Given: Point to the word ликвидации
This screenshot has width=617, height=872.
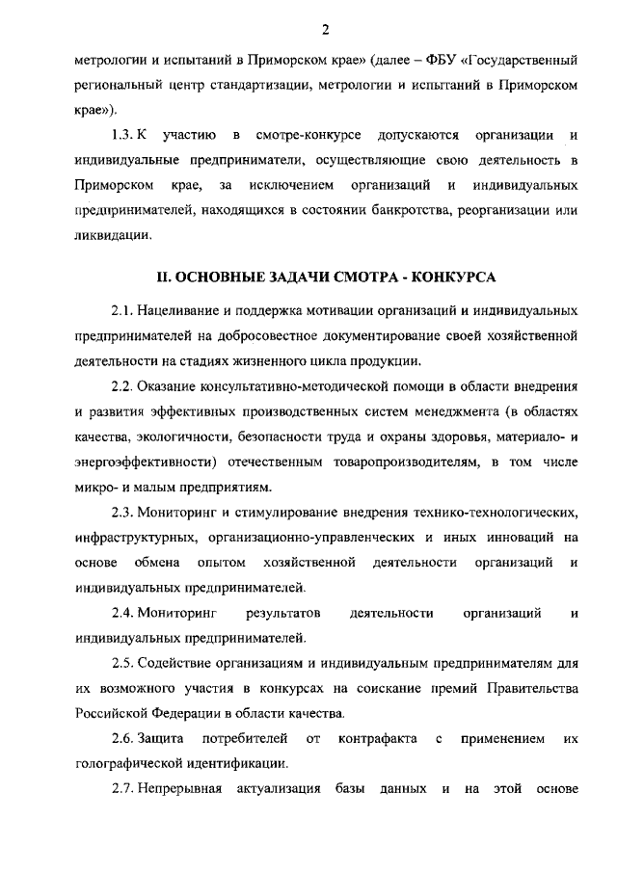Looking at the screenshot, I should [113, 235].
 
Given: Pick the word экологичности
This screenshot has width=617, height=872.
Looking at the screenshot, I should [169, 436].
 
